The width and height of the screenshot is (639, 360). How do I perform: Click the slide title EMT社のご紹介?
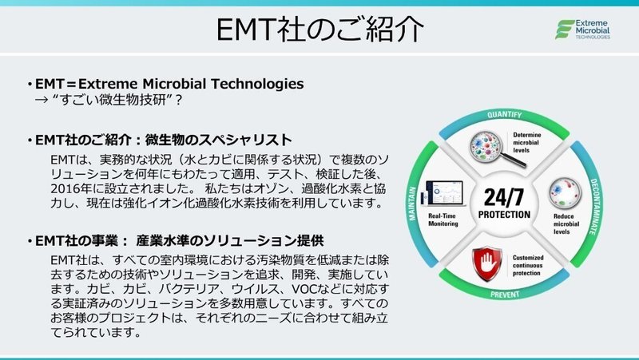(x=319, y=30)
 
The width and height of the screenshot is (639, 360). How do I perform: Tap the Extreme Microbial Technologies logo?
(x=582, y=30)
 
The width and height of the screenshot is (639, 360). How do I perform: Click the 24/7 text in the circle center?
(x=504, y=197)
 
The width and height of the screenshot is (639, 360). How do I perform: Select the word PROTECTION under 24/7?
(x=504, y=215)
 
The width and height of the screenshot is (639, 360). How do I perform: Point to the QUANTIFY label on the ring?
(x=504, y=114)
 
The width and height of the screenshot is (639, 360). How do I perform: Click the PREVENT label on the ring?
(x=505, y=294)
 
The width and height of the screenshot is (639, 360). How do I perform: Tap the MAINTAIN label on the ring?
(x=412, y=204)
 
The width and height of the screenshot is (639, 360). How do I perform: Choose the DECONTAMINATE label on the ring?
(x=595, y=207)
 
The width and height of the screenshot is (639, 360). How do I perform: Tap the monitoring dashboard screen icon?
(x=443, y=193)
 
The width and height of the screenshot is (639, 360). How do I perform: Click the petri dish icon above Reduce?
(x=565, y=192)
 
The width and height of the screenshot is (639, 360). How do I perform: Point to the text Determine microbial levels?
(x=526, y=143)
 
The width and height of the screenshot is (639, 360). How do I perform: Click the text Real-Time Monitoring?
(x=443, y=220)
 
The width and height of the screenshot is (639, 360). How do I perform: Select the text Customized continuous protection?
(x=528, y=265)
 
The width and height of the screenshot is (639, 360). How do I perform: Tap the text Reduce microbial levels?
(x=566, y=224)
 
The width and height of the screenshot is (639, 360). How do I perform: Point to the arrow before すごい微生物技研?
(x=42, y=100)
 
